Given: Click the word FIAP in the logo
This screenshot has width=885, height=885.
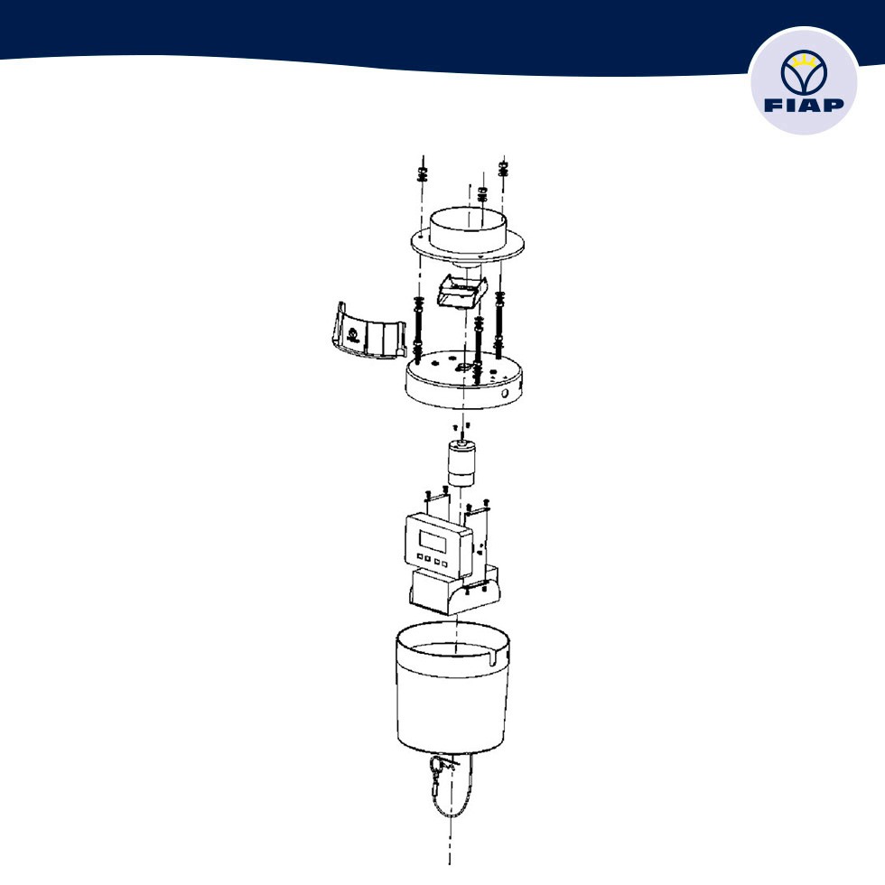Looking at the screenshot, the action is click(x=804, y=105).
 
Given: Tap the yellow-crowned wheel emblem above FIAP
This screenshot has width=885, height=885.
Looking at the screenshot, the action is click(x=804, y=72).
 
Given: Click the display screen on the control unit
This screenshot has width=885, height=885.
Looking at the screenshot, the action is click(x=432, y=542).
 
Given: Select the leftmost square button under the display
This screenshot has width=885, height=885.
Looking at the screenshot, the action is click(x=420, y=557).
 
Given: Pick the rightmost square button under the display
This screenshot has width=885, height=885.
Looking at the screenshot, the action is click(x=444, y=564).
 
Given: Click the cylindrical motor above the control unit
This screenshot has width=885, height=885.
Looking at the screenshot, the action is click(x=461, y=464).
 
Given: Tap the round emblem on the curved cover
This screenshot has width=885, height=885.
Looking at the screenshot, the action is click(x=354, y=335).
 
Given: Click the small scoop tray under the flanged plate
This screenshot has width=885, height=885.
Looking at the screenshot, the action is click(x=462, y=291).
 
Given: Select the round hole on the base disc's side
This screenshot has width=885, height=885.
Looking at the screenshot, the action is click(x=505, y=394).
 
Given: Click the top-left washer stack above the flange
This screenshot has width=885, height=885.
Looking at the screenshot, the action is click(x=423, y=173).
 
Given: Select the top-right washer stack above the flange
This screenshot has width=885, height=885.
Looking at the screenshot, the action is click(x=504, y=168).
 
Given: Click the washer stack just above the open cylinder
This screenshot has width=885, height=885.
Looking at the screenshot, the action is click(x=482, y=195).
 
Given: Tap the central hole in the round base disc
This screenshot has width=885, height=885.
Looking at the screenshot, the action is click(x=462, y=368).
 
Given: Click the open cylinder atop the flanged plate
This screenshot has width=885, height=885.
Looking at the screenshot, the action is click(x=468, y=229).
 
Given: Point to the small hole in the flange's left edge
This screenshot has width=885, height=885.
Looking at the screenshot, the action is click(x=421, y=238).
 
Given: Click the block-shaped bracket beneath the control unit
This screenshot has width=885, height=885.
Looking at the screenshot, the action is click(x=454, y=592).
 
